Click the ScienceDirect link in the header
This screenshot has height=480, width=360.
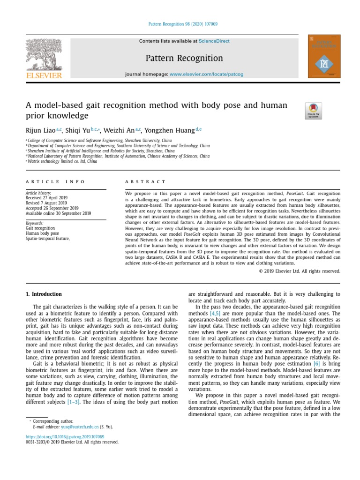click(214, 41)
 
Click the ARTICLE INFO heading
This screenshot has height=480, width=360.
click(55, 182)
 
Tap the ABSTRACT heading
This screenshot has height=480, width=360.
click(145, 182)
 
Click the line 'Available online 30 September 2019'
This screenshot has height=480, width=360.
click(58, 213)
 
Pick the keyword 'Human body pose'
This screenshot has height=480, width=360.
click(42, 233)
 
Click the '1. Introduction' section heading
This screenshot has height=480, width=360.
click(43, 294)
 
